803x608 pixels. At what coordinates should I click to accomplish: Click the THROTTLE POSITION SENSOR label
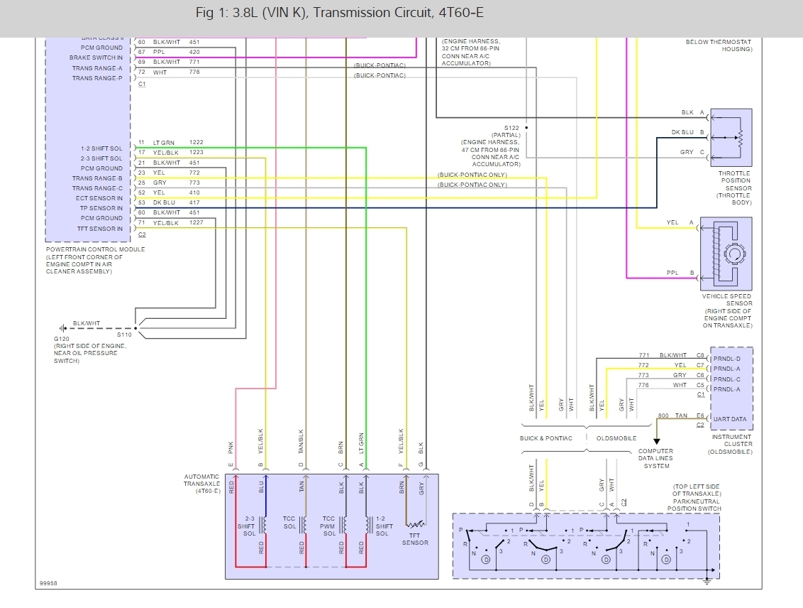coord(734,180)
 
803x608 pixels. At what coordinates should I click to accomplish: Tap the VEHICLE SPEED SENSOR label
coord(727,300)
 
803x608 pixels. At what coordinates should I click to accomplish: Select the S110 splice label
coord(125,334)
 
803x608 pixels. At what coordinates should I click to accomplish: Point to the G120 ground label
coord(62,339)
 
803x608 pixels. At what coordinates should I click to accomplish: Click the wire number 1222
coord(196,143)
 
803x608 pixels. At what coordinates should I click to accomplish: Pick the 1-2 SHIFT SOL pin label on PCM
coord(101,148)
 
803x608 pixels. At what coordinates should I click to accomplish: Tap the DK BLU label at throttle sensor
coord(682,132)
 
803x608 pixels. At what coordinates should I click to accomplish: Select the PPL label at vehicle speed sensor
coord(672,272)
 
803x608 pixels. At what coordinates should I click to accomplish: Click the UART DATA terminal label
coord(730,419)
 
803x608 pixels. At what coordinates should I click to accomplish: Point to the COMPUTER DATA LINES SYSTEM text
coord(656,459)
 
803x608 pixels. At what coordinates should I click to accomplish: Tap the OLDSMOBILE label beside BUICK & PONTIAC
coord(616,438)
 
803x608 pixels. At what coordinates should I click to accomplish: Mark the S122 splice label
coord(512,128)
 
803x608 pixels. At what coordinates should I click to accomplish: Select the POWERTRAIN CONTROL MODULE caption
coord(95,249)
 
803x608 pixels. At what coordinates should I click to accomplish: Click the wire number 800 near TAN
coord(663,415)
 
